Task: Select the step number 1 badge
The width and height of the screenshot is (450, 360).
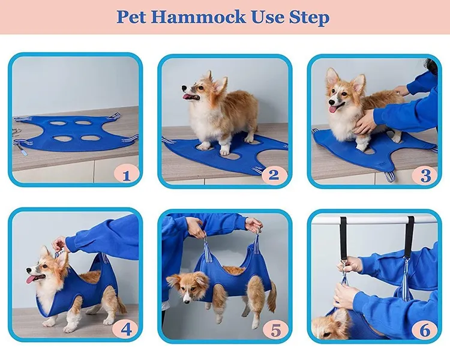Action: click(x=126, y=175)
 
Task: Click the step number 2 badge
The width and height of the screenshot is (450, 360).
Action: click(x=274, y=175)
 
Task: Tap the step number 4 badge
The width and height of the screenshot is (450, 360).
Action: click(x=126, y=329)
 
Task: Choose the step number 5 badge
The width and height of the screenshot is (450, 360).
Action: click(x=274, y=329)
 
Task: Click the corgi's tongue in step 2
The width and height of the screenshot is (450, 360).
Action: click(x=191, y=97)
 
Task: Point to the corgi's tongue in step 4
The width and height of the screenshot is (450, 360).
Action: click(x=32, y=278)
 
